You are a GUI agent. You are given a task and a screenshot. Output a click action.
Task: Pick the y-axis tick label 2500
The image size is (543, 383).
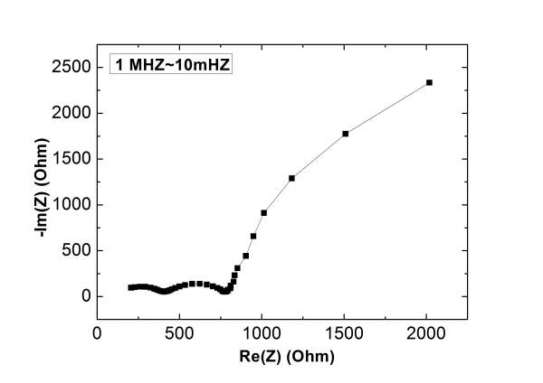click(x=71, y=68)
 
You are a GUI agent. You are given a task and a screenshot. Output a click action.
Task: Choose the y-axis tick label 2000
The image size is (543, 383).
click(x=71, y=113)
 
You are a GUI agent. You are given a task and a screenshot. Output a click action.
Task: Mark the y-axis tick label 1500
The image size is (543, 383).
click(x=71, y=159)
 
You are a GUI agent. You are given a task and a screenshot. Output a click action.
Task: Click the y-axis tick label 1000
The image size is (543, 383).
click(x=71, y=205)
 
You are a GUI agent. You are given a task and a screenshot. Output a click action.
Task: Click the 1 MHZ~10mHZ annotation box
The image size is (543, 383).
click(x=170, y=64)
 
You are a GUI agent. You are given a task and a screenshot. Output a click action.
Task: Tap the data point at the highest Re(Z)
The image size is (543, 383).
click(x=429, y=82)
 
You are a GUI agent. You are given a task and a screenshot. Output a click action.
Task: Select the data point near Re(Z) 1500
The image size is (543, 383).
click(x=346, y=134)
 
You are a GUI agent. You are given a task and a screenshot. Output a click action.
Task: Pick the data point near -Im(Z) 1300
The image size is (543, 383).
click(x=292, y=178)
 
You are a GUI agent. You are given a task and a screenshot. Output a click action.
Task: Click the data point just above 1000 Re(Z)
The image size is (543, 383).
click(x=263, y=213)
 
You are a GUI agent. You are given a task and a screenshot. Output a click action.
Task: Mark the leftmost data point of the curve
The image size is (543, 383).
click(x=130, y=288)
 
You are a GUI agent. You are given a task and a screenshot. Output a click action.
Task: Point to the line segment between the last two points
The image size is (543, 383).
click(x=387, y=107)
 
